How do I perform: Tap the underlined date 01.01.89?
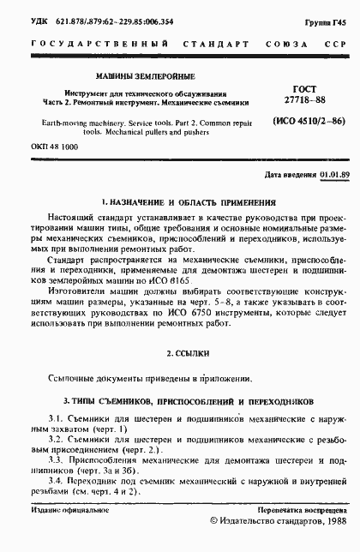point(332,175)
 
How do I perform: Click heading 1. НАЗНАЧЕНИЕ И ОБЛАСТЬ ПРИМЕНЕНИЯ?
point(188,203)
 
